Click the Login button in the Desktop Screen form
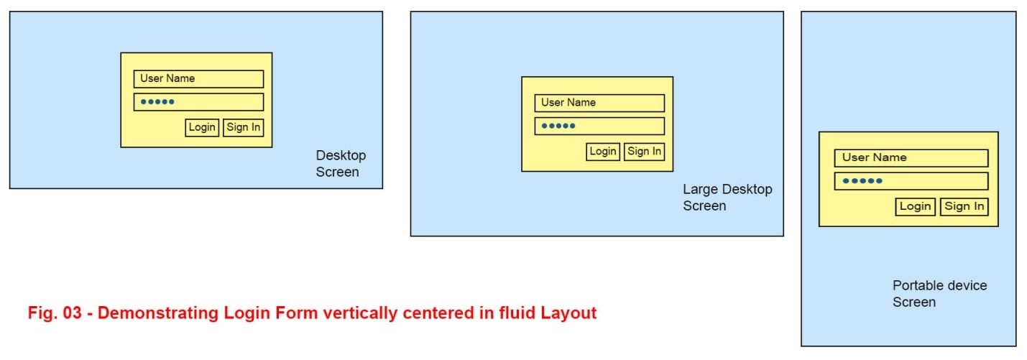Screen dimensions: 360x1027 [x=202, y=128]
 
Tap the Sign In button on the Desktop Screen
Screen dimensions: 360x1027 [x=244, y=128]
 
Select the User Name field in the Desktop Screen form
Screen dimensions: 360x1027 [x=198, y=79]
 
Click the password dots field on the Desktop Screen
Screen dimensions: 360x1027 [x=198, y=102]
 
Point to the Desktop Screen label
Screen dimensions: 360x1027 [x=340, y=164]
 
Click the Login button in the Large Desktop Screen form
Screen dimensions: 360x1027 [x=603, y=152]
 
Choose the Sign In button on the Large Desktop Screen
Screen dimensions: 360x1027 [x=644, y=152]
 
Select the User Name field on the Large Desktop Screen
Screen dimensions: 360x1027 [x=599, y=103]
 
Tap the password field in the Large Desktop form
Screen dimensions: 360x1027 [x=599, y=126]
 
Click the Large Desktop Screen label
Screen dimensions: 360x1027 [x=727, y=198]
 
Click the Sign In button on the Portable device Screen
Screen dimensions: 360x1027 [x=964, y=207]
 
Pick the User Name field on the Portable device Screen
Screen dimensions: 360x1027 [x=911, y=158]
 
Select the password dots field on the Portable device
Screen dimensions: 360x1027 [x=911, y=181]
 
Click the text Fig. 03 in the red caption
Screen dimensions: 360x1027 [x=52, y=314]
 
